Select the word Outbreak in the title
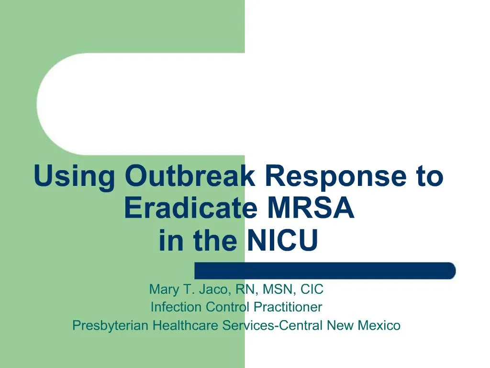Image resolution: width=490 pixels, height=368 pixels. click(190, 176)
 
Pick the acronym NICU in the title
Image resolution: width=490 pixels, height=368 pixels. click(282, 241)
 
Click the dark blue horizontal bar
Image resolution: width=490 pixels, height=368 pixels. click(325, 271)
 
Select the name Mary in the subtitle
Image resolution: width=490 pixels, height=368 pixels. click(164, 290)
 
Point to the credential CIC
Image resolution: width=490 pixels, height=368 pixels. click(312, 289)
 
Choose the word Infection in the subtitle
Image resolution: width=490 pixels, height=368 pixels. click(176, 307)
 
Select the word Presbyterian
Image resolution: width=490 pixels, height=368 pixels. click(111, 326)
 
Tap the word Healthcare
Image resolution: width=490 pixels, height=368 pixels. click(187, 326)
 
